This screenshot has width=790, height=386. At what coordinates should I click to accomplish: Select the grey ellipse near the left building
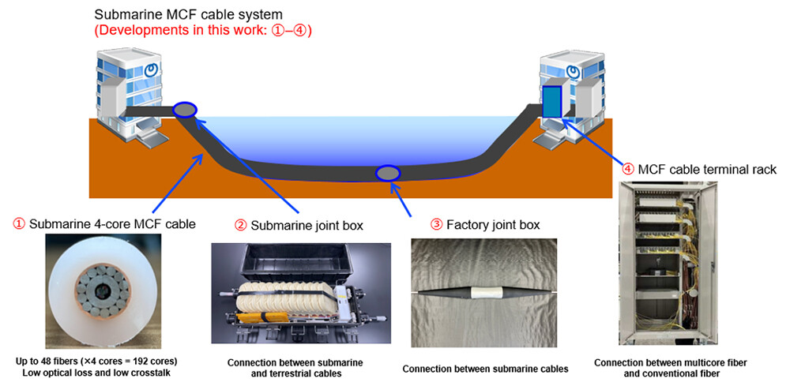pos(185,111)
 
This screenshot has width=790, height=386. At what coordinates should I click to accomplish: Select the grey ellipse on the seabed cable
pos(388,173)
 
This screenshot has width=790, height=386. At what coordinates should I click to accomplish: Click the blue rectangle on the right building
pos(551,102)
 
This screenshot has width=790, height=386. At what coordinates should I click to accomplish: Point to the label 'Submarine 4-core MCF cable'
pos(111,224)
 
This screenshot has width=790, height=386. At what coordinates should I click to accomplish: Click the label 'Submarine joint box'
pos(306,225)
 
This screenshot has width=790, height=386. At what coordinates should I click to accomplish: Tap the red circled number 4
pos(628,168)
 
